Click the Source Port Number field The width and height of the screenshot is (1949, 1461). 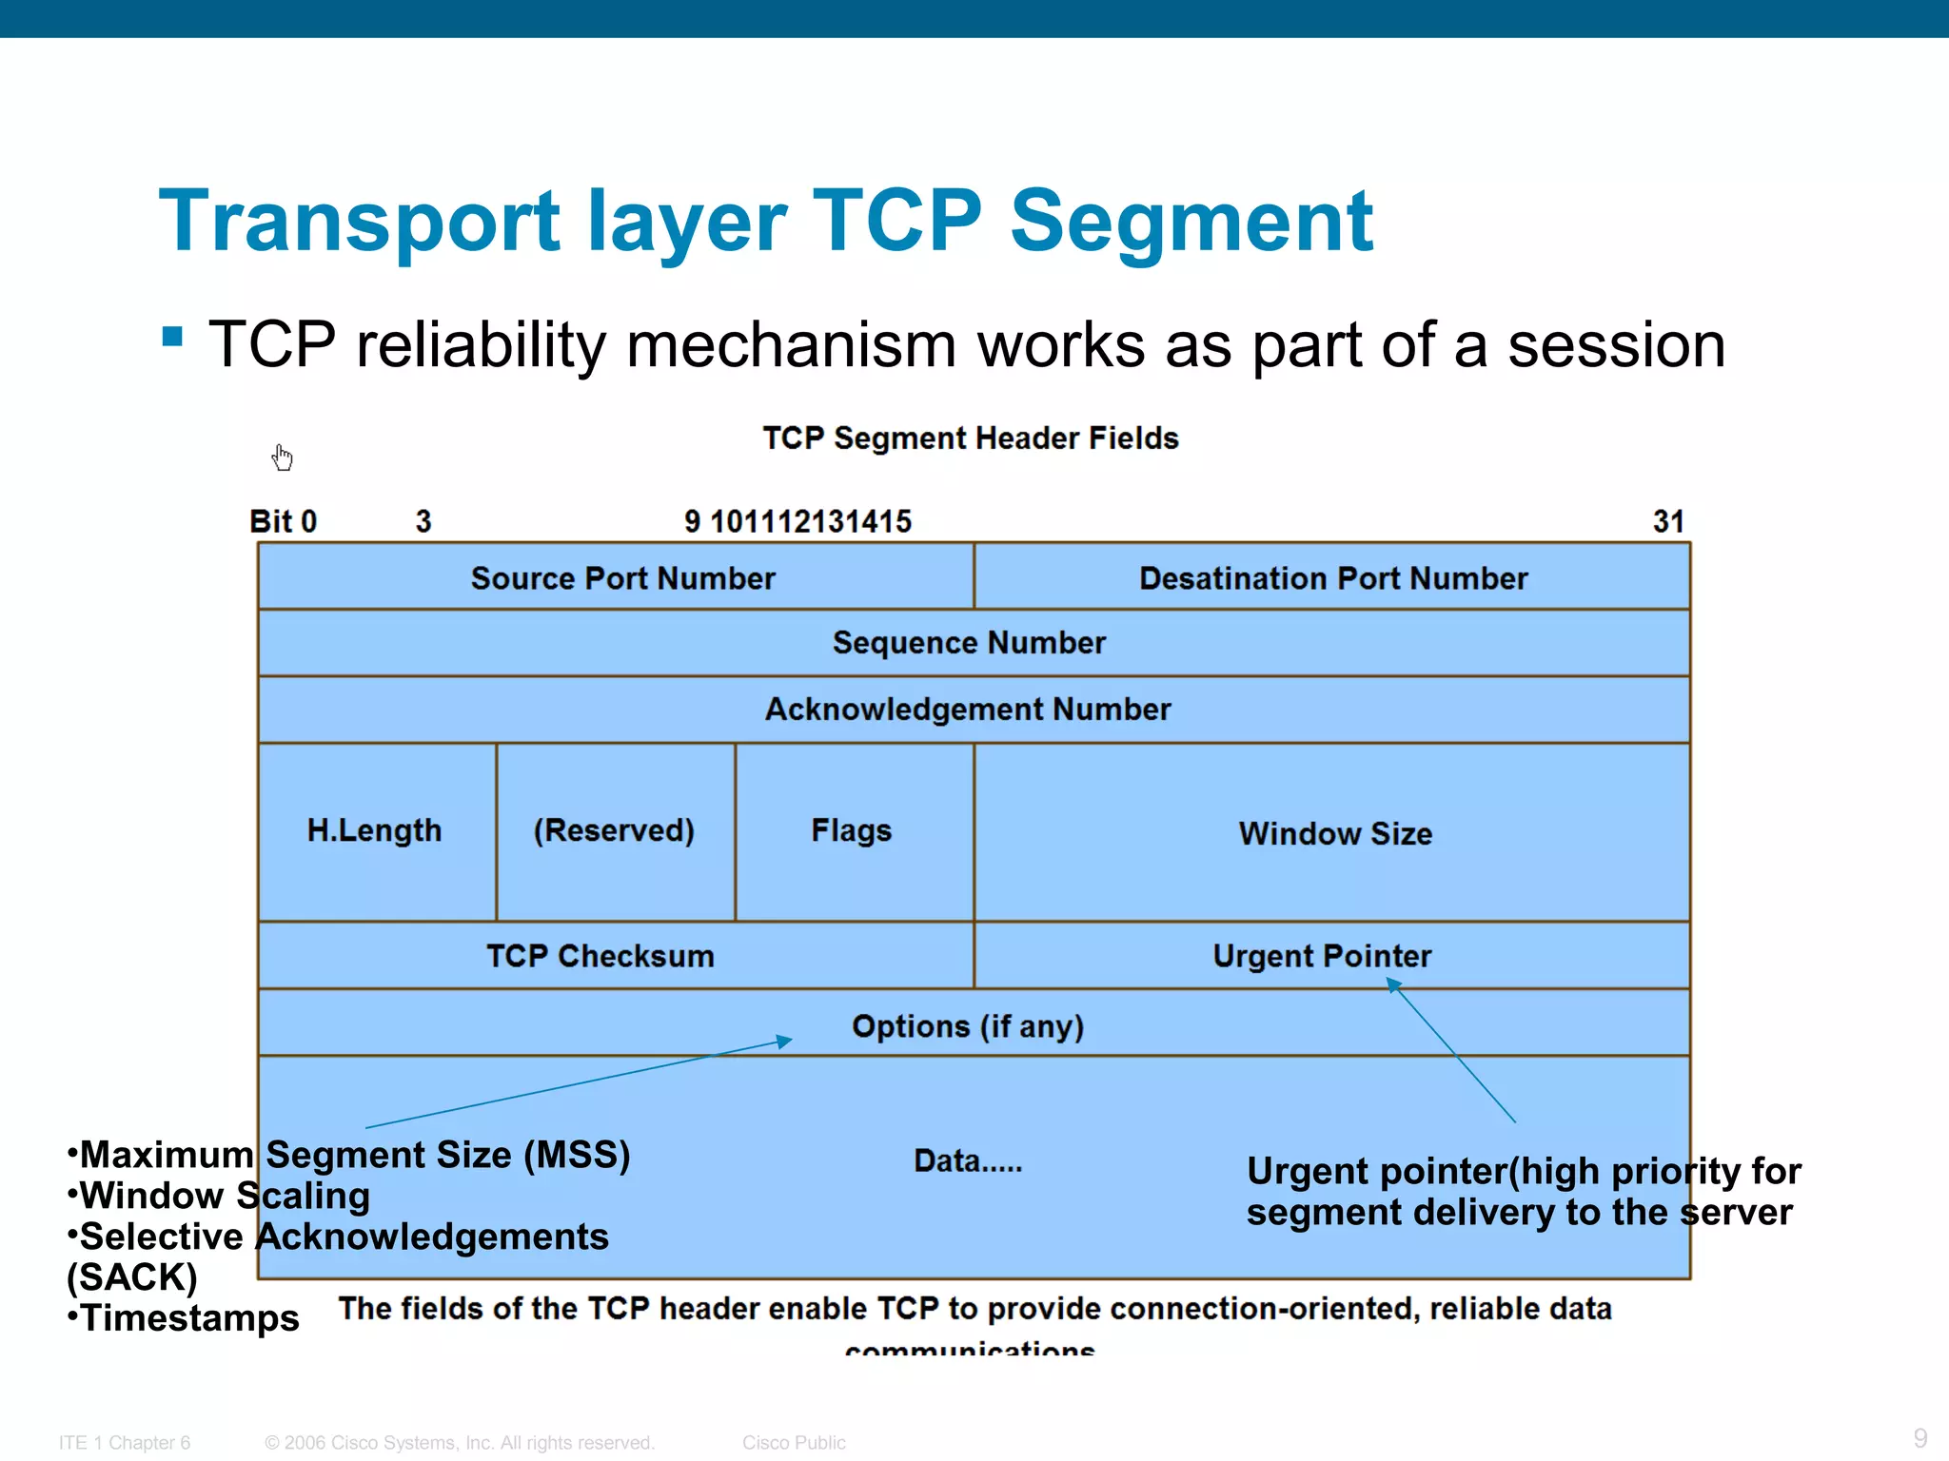coord(622,577)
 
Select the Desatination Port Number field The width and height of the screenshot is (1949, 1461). coord(1332,577)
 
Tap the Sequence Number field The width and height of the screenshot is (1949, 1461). coord(969,643)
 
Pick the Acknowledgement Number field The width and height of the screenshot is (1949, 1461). coord(968,710)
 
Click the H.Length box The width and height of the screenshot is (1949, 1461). coord(375,830)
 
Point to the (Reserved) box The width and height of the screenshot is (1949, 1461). coord(614,830)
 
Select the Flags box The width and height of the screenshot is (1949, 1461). coord(851,830)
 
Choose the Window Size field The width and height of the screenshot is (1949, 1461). coord(1334,833)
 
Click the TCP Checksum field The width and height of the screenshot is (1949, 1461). coord(600,956)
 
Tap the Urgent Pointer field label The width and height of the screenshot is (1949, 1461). coord(1321,956)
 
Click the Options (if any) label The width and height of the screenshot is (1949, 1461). coord(968,1026)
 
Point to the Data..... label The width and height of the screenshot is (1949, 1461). coord(968,1160)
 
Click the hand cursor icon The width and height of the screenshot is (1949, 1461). coord(282,458)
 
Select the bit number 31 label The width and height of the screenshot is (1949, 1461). coord(1667,521)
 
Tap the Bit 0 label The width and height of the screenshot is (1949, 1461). coord(283,521)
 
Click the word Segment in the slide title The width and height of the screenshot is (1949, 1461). coord(1191,221)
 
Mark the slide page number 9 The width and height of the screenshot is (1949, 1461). coord(1919,1437)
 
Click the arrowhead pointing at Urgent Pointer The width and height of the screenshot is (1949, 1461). coord(1393,985)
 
